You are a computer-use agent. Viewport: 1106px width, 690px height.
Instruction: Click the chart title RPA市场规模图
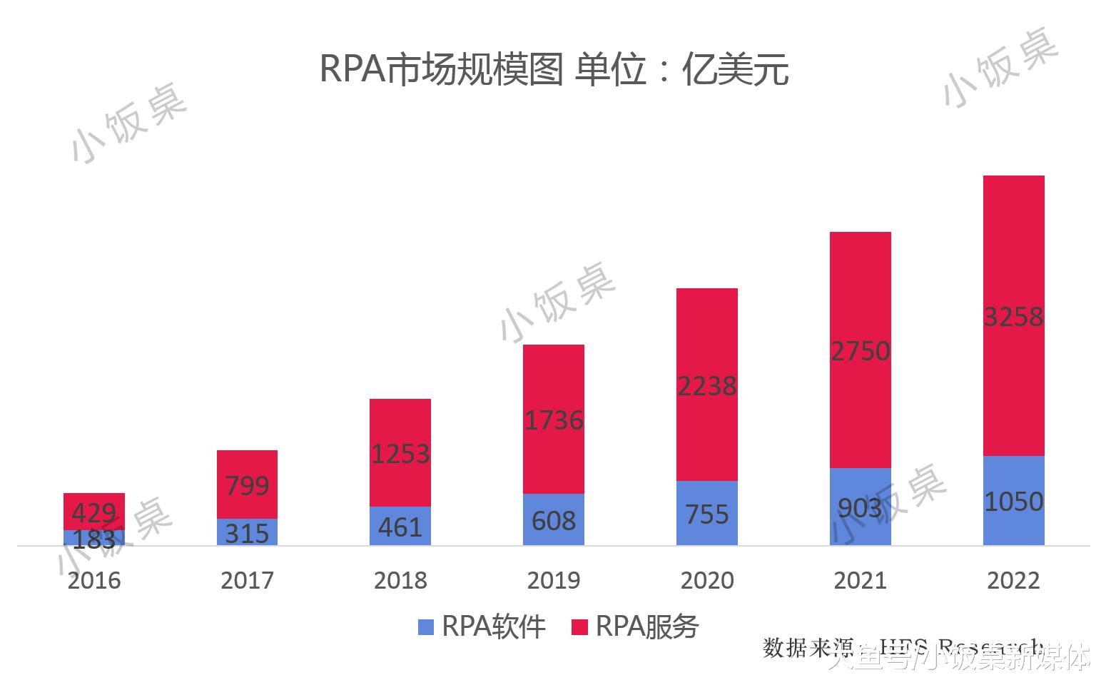pyautogui.click(x=441, y=69)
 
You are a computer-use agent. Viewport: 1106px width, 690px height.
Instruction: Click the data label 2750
pyautogui.click(x=860, y=351)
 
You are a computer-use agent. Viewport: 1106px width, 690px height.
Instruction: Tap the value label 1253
pyautogui.click(x=400, y=454)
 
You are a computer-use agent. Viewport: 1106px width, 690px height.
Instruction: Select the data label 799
pyautogui.click(x=247, y=486)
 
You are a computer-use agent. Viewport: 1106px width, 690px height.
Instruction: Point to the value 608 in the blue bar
pyautogui.click(x=553, y=521)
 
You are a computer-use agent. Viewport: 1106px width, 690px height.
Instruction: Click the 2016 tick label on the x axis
pyautogui.click(x=94, y=580)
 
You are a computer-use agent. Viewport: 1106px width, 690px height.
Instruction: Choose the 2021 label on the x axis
pyautogui.click(x=860, y=580)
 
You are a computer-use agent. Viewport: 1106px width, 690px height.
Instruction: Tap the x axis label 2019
pyautogui.click(x=553, y=580)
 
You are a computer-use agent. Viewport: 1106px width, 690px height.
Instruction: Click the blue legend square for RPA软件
pyautogui.click(x=426, y=627)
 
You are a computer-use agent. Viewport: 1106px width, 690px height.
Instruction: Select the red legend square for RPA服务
pyautogui.click(x=579, y=627)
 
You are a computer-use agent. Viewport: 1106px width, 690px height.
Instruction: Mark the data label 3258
pyautogui.click(x=1013, y=316)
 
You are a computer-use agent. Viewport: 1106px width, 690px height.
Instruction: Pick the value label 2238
pyautogui.click(x=706, y=386)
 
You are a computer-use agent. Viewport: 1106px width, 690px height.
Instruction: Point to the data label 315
pyautogui.click(x=247, y=533)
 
